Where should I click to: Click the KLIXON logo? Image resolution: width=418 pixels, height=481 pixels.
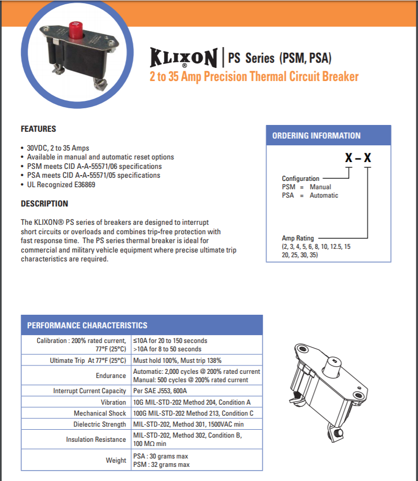click(x=183, y=58)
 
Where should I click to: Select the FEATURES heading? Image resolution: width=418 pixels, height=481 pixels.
click(x=38, y=129)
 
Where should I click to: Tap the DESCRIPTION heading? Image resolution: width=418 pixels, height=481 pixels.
click(x=44, y=203)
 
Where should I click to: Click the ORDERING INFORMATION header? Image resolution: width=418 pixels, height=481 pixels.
click(x=316, y=135)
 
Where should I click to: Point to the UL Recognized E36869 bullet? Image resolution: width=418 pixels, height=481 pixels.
click(x=61, y=185)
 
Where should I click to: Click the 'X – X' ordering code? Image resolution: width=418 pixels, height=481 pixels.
click(x=357, y=157)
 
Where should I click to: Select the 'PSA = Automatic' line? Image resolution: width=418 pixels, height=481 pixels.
click(x=310, y=195)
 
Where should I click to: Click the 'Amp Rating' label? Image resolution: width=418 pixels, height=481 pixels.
click(x=298, y=238)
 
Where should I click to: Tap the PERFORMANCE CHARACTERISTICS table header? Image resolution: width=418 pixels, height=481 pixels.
click(x=87, y=325)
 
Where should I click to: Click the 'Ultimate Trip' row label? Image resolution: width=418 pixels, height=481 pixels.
click(x=88, y=361)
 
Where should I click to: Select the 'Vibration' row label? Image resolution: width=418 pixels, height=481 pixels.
click(x=113, y=403)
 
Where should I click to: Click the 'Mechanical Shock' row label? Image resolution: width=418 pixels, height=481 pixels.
click(x=100, y=414)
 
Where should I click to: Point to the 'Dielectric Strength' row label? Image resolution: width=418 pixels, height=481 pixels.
click(x=99, y=425)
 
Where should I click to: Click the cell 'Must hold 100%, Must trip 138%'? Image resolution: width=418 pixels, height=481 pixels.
click(x=178, y=361)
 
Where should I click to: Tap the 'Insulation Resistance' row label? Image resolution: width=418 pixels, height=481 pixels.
click(x=96, y=440)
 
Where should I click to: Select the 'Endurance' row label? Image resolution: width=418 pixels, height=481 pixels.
click(x=111, y=376)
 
